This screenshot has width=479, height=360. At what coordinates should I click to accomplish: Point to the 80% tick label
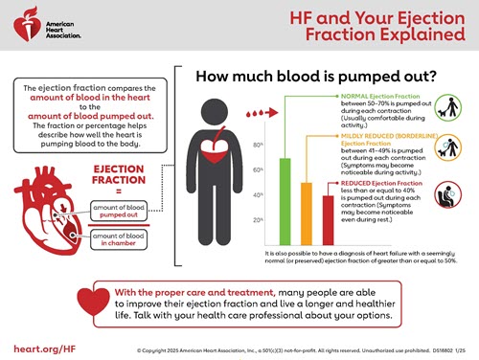click(x=258, y=145)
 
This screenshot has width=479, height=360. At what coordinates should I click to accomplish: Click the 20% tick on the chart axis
click(x=258, y=220)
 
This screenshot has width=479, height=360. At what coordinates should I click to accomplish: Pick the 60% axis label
click(x=258, y=170)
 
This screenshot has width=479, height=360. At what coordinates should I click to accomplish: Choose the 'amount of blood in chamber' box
click(x=122, y=239)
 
